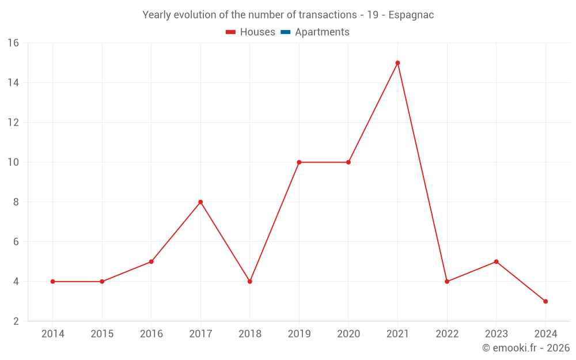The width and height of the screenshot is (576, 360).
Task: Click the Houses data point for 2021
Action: [397, 63]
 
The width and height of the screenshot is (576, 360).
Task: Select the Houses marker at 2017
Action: [200, 202]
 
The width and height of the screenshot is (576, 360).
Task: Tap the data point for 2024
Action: [545, 301]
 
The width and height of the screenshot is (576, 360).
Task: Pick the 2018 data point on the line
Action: [250, 282]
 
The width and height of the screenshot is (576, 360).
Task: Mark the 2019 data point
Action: [299, 162]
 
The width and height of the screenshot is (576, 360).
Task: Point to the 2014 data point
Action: [52, 282]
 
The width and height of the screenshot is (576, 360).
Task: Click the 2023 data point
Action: [496, 262]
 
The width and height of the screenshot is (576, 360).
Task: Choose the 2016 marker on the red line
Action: [151, 262]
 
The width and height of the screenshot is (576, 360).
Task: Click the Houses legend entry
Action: [251, 32]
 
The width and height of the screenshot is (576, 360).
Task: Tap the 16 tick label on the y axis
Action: [13, 43]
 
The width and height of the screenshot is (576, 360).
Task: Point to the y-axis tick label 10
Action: [13, 162]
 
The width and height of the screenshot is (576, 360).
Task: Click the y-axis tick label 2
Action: [16, 321]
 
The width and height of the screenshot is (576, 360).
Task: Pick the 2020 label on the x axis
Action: [348, 334]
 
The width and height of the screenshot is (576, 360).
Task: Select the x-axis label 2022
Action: [447, 334]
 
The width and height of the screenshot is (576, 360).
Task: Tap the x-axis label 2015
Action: [102, 334]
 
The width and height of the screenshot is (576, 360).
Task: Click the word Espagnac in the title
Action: [411, 15]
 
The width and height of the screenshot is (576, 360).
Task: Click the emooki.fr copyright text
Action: [526, 348]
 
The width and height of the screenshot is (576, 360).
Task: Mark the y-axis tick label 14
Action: [13, 83]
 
